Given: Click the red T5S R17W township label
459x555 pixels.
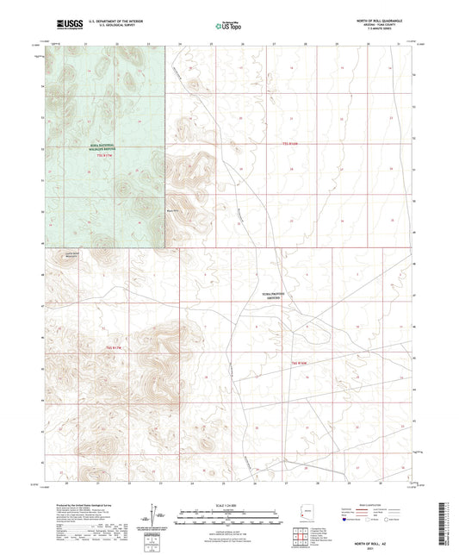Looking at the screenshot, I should (104, 157).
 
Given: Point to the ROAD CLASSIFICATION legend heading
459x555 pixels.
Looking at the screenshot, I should (386, 503).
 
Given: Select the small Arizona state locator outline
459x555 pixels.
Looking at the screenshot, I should (305, 515).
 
